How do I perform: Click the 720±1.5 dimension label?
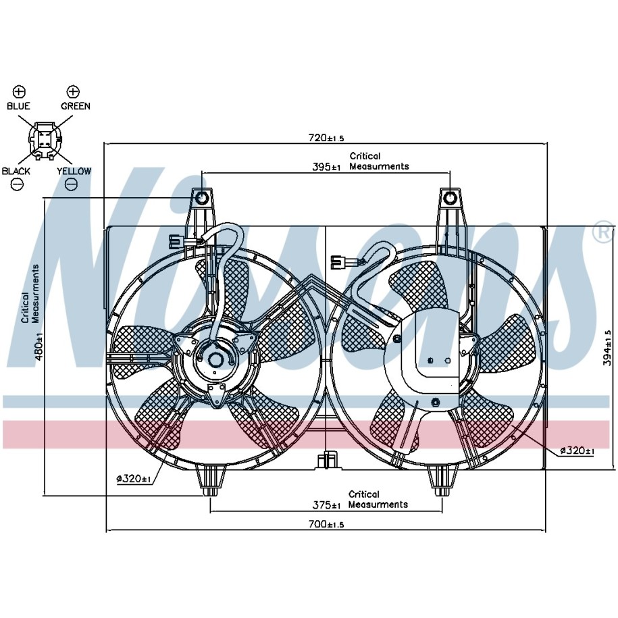326,138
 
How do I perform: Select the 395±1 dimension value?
326,167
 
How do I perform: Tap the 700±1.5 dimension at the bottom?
326,524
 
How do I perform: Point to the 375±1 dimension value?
326,505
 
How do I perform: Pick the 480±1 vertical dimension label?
38,347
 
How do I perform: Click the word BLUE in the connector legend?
18,106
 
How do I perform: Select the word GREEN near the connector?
75,106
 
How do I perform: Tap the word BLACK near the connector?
16,171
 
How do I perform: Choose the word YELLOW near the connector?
74,171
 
